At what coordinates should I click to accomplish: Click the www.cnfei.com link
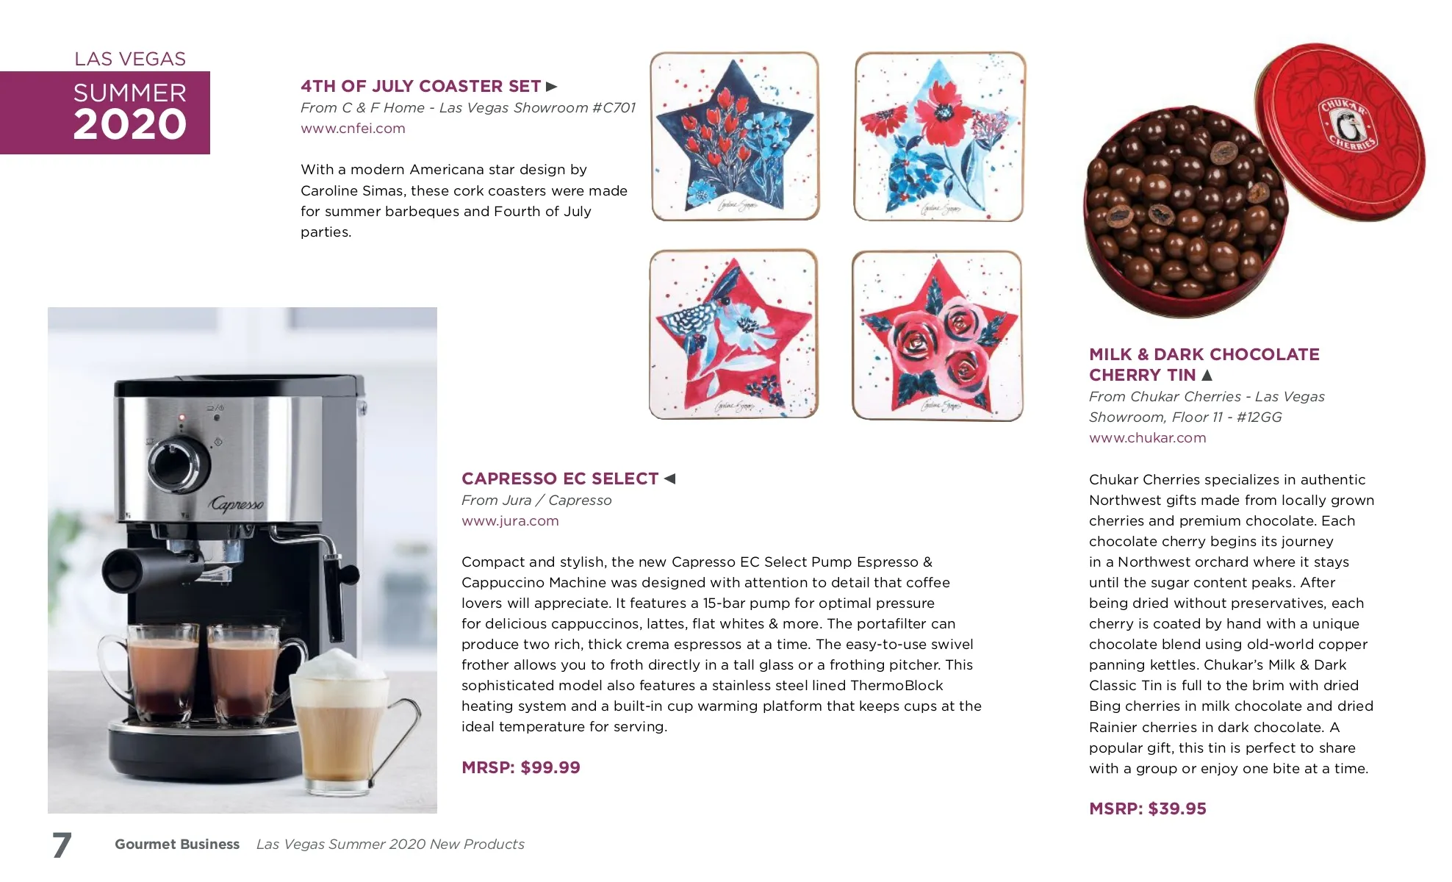click(353, 129)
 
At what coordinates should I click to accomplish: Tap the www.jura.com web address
click(510, 521)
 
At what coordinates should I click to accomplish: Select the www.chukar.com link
click(1147, 438)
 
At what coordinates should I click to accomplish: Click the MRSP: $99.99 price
click(521, 767)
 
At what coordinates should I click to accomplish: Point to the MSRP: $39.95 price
click(1148, 808)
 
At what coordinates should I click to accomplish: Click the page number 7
click(62, 845)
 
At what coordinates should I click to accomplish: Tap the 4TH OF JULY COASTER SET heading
click(421, 86)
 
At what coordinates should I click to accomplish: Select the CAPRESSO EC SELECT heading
click(560, 478)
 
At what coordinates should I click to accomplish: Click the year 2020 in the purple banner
click(130, 124)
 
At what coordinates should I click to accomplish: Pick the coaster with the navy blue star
click(735, 136)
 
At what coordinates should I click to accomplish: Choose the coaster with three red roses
click(938, 336)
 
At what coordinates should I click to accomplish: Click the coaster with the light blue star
click(940, 136)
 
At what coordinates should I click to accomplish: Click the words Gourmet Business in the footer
click(177, 845)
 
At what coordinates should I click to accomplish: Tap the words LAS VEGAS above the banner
click(130, 59)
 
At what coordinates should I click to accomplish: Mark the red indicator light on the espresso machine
click(181, 417)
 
